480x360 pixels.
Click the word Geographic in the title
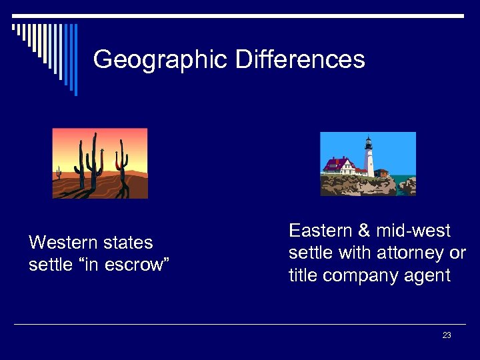click(161, 60)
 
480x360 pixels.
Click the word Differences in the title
click(300, 59)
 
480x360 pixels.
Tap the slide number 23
click(447, 335)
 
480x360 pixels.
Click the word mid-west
click(413, 231)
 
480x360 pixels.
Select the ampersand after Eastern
click(364, 231)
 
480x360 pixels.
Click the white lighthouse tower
click(369, 160)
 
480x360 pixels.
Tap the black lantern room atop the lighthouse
click(368, 141)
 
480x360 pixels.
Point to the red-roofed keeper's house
click(338, 165)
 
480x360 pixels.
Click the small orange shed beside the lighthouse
click(381, 173)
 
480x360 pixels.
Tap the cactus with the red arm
click(121, 163)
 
